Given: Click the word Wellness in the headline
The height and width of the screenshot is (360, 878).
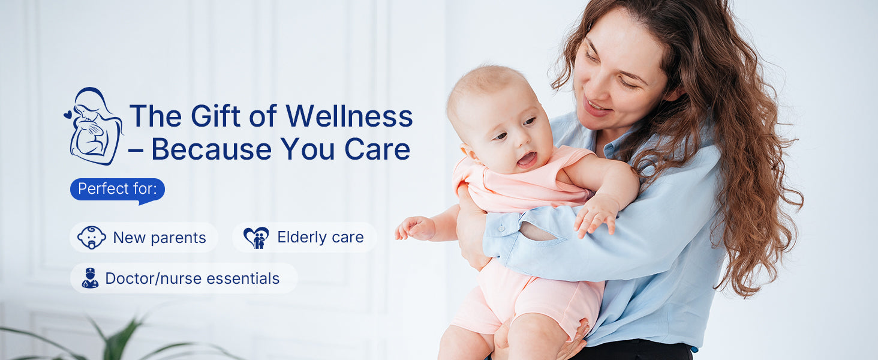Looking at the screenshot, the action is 349,116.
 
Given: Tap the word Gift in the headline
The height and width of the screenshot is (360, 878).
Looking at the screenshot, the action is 215,116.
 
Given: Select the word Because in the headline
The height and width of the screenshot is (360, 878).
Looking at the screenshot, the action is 211,149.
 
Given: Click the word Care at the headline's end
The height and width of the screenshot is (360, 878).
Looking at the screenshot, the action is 377,149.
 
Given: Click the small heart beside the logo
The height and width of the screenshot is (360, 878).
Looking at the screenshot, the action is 68,114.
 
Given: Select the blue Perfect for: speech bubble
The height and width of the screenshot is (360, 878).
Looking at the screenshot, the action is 117,190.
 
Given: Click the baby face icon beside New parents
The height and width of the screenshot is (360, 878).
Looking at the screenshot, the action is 92,237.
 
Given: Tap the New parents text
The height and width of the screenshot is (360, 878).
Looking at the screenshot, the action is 160,238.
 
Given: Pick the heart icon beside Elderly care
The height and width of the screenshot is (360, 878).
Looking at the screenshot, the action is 256,238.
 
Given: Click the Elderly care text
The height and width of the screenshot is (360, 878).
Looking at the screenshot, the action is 320,237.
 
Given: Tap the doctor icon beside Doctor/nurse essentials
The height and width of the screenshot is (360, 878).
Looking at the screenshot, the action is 90,278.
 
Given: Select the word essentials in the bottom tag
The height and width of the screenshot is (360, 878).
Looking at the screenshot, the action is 243,278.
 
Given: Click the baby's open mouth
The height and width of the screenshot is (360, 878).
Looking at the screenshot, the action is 527,159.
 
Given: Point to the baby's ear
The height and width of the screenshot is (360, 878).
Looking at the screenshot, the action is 468,152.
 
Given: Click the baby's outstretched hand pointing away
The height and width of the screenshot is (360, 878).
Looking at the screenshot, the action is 414,228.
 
